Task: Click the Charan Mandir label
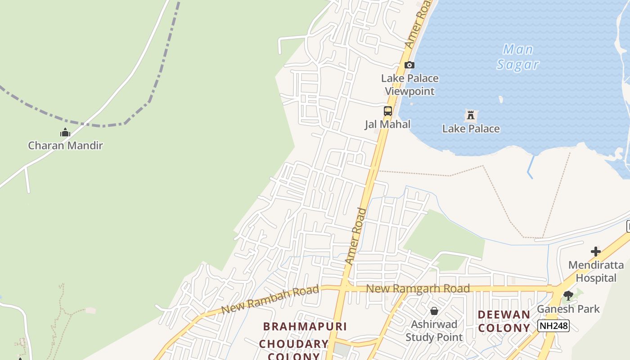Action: click(65, 145)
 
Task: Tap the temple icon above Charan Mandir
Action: click(65, 133)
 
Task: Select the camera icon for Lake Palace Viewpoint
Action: click(409, 65)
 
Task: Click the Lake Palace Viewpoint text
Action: click(409, 85)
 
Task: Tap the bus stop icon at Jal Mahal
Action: click(387, 111)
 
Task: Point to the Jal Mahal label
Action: click(387, 124)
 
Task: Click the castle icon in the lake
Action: click(471, 116)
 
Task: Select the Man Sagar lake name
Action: click(517, 57)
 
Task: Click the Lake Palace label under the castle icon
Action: click(471, 129)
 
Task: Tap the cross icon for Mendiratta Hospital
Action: click(596, 251)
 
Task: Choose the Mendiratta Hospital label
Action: click(596, 271)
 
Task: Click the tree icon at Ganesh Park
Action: click(568, 296)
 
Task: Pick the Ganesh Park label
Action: click(568, 309)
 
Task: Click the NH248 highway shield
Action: click(553, 325)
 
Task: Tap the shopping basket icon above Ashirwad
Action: click(434, 311)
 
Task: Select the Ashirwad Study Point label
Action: click(434, 331)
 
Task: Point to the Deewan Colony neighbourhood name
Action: click(504, 321)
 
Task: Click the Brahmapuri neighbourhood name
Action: click(305, 326)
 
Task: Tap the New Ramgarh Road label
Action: click(418, 288)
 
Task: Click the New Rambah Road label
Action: click(270, 300)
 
